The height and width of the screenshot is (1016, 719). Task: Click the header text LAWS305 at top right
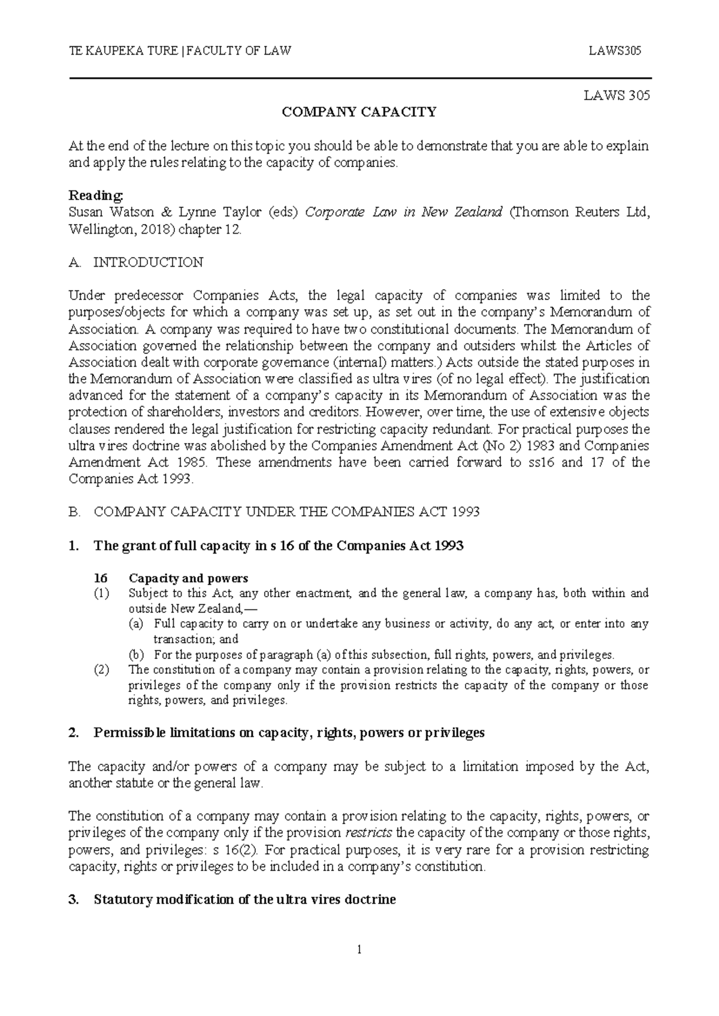(615, 51)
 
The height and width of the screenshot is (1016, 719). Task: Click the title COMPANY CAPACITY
(359, 112)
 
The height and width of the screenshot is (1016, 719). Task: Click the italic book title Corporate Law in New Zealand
(403, 213)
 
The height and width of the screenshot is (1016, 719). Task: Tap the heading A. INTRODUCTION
(137, 262)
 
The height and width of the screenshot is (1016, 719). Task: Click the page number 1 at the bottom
(359, 950)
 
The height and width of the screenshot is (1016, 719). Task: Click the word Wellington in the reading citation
(97, 229)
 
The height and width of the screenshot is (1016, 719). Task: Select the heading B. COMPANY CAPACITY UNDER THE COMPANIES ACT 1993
(274, 512)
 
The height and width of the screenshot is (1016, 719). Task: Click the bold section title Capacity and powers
(188, 579)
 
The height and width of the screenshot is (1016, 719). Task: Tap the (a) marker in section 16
(136, 624)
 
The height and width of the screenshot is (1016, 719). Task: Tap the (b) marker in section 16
(136, 655)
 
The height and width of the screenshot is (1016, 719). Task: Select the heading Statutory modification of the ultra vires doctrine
(244, 900)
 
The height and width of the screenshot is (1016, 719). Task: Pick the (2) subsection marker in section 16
(101, 670)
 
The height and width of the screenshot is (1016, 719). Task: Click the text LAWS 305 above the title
(617, 95)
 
